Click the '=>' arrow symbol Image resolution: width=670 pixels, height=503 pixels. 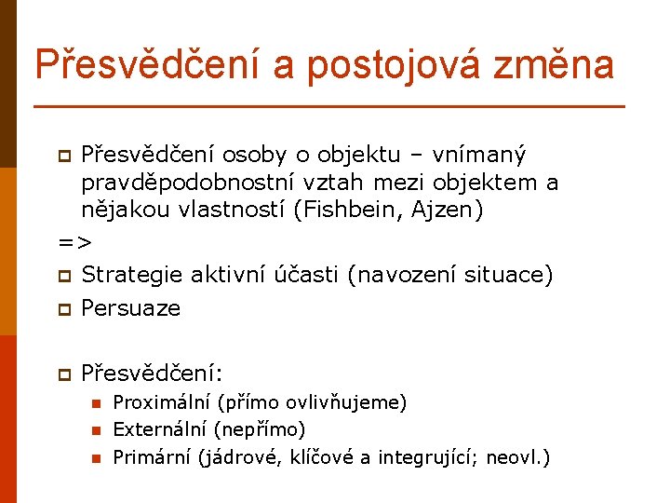pos(74,243)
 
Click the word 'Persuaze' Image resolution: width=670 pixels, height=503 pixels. pos(130,308)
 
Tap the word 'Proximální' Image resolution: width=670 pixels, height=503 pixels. pos(161,403)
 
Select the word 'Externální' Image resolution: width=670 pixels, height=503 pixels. pos(160,429)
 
